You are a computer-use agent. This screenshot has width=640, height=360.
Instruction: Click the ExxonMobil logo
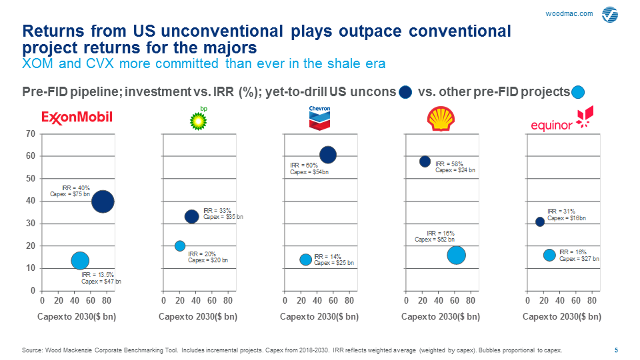[77, 117]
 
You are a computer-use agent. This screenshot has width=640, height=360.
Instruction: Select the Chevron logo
[319, 118]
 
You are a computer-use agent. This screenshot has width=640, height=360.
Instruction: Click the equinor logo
[562, 120]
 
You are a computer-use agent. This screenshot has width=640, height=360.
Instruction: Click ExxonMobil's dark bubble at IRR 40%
[103, 201]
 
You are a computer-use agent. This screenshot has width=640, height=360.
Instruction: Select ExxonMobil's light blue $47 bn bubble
[80, 261]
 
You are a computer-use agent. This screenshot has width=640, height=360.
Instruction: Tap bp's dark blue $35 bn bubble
[192, 216]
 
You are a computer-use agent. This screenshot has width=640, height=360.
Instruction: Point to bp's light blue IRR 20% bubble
[180, 246]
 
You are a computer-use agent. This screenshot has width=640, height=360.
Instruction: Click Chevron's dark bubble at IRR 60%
[328, 155]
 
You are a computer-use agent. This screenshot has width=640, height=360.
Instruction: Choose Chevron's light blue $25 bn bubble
[305, 260]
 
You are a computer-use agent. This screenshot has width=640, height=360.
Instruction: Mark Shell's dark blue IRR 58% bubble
[425, 162]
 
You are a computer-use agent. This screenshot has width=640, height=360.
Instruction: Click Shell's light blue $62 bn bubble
[456, 255]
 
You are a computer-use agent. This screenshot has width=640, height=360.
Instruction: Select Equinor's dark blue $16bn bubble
[540, 222]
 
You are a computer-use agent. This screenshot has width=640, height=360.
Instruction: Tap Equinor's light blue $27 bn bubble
[549, 255]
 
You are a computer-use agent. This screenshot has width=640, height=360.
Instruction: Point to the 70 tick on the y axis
[31, 134]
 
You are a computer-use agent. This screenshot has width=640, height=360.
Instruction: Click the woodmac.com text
[569, 14]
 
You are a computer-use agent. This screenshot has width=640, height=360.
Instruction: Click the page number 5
[616, 350]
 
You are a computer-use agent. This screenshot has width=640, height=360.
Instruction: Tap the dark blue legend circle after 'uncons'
[405, 92]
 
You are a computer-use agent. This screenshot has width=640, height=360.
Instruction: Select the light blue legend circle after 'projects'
[578, 92]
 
